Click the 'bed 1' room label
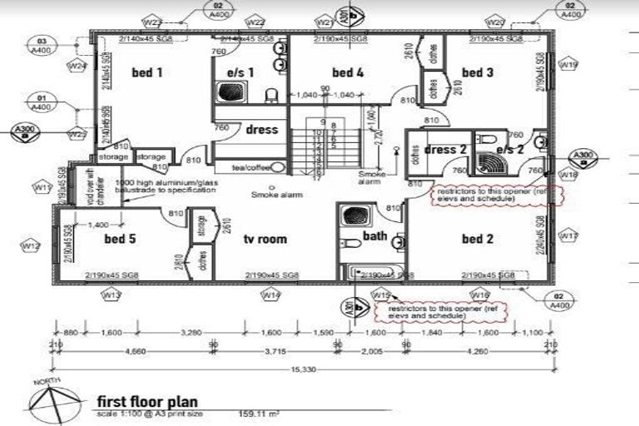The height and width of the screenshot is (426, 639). coord(146,73)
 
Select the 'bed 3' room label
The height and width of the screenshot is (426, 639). coord(478,73)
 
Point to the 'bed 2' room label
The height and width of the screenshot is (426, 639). coord(478,240)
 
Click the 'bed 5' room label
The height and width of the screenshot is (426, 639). coord(120,240)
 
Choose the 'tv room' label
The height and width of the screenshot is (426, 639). coord(265,240)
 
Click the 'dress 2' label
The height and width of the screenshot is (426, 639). coord(445,150)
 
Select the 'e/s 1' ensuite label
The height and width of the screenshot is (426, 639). coord(240,72)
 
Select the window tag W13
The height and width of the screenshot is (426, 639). coord(111,295)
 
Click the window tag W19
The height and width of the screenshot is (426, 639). coord(569,64)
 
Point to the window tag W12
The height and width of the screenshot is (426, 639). coord(31,246)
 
